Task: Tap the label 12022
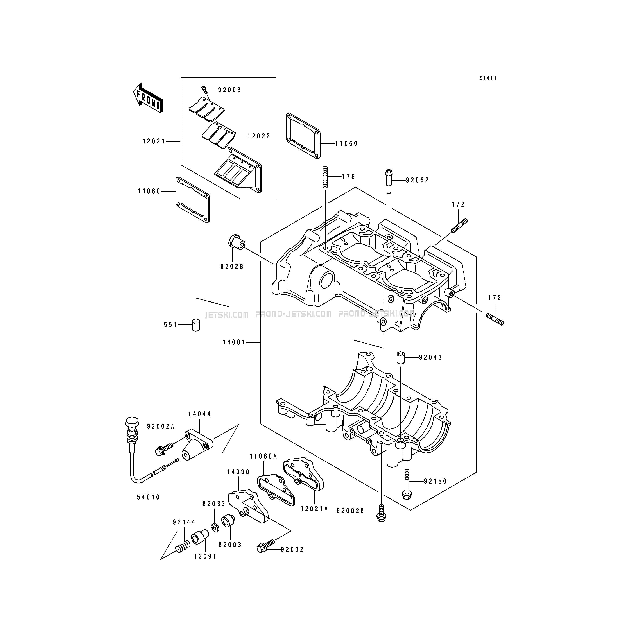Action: (259, 136)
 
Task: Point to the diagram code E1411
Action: (488, 78)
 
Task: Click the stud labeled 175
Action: (325, 177)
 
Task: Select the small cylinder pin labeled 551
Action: (196, 325)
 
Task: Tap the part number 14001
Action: (234, 342)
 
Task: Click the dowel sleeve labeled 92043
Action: (400, 357)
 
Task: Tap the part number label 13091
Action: (205, 556)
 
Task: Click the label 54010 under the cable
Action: (149, 497)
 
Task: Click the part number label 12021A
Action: (314, 509)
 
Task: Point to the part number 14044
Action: (200, 414)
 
